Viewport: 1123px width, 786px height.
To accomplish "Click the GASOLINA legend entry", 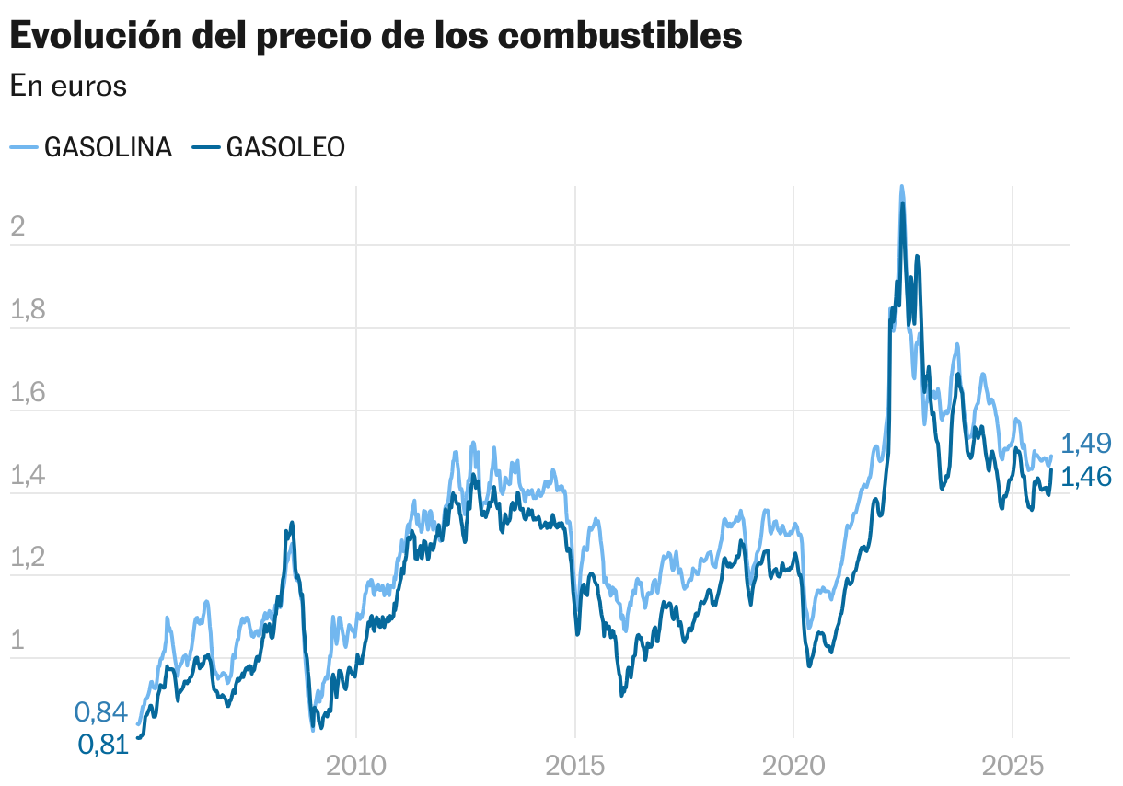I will pyautogui.click(x=91, y=147).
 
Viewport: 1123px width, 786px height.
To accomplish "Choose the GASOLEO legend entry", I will pyautogui.click(x=270, y=147).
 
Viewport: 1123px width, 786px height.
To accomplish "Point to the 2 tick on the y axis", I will pyautogui.click(x=17, y=227).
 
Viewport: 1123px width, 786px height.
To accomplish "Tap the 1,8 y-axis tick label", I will pyautogui.click(x=28, y=310).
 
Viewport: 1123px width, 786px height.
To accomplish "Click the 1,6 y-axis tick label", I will pyautogui.click(x=28, y=393).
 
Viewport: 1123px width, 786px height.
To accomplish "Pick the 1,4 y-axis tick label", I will pyautogui.click(x=28, y=476).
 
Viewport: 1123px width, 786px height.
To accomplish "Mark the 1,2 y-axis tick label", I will pyautogui.click(x=28, y=559).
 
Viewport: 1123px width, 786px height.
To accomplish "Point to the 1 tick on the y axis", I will pyautogui.click(x=17, y=642).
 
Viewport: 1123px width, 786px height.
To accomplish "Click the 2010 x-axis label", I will pyautogui.click(x=356, y=765).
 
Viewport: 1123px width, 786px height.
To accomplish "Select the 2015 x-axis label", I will pyautogui.click(x=575, y=765).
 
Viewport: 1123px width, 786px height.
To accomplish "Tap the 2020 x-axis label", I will pyautogui.click(x=793, y=765).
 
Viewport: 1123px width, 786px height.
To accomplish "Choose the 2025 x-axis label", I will pyautogui.click(x=1013, y=765).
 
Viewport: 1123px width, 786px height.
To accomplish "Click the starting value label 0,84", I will pyautogui.click(x=100, y=711).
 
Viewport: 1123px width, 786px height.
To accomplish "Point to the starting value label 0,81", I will pyautogui.click(x=102, y=745).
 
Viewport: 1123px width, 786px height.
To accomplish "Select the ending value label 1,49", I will pyautogui.click(x=1086, y=444).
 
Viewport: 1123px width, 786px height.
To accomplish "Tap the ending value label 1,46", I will pyautogui.click(x=1086, y=476).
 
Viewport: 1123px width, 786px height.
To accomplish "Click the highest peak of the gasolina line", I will pyautogui.click(x=901, y=187).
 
